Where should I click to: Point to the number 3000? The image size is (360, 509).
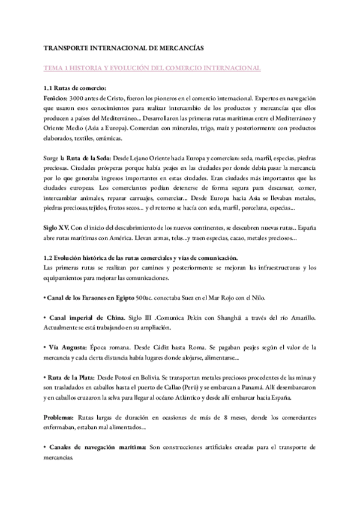point(79,97)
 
